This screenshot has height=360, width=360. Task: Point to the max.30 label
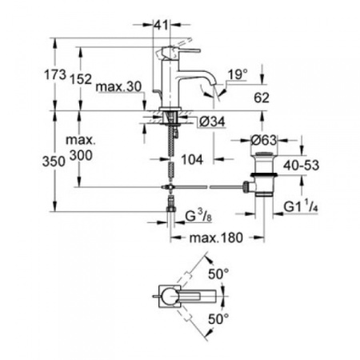(x=116, y=86)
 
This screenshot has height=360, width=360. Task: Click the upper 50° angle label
(x=218, y=274)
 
